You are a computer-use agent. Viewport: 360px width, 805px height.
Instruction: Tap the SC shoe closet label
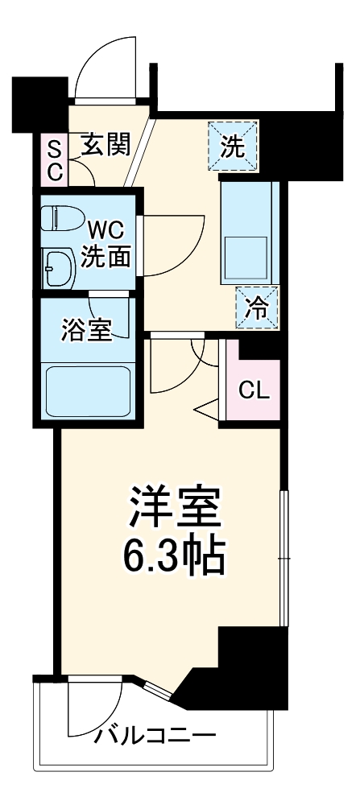(55, 159)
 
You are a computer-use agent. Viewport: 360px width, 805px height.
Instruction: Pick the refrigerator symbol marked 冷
(257, 307)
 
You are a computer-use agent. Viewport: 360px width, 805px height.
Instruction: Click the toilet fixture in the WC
(61, 218)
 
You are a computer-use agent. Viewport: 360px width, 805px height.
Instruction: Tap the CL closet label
(254, 390)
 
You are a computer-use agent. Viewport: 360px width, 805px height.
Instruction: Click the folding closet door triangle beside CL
(207, 409)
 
